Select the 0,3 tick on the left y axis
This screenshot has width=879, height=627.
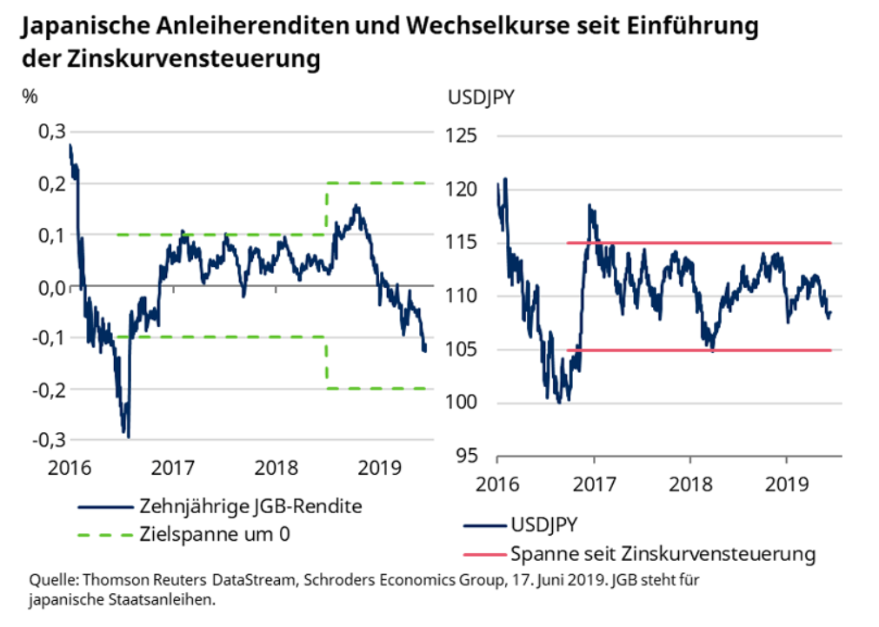[x=51, y=131]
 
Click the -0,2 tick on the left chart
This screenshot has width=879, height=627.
[x=49, y=389]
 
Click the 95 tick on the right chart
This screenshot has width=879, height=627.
[x=468, y=457]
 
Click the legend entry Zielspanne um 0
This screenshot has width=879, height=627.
[x=214, y=534]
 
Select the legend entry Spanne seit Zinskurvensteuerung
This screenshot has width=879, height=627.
[x=663, y=553]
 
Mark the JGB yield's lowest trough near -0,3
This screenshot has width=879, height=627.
[x=128, y=434]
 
